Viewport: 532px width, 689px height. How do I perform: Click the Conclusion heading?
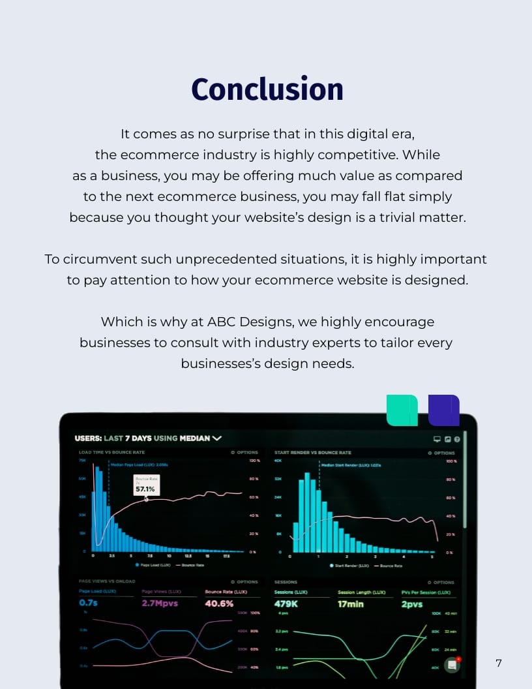(x=267, y=89)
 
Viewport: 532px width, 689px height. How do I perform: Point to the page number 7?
(x=499, y=664)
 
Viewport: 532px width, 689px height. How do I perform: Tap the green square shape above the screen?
(x=402, y=410)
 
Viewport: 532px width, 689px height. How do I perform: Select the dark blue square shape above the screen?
(x=444, y=410)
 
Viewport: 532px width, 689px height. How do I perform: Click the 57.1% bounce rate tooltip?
(x=145, y=486)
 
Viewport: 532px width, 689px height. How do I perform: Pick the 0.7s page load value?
(x=88, y=604)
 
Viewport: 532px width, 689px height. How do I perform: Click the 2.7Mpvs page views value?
(x=160, y=604)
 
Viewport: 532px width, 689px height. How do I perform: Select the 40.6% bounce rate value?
(x=219, y=604)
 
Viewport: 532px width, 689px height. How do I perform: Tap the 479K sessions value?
(x=286, y=604)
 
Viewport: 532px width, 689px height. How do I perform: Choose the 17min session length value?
(x=351, y=604)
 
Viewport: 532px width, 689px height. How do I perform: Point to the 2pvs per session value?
(x=412, y=604)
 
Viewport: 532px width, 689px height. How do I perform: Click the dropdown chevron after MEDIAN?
(x=217, y=438)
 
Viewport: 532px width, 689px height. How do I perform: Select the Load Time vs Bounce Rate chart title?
(x=111, y=452)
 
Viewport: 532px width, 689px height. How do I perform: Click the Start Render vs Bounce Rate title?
(x=312, y=452)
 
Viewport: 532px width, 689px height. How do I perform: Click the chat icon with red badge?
(x=452, y=664)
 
